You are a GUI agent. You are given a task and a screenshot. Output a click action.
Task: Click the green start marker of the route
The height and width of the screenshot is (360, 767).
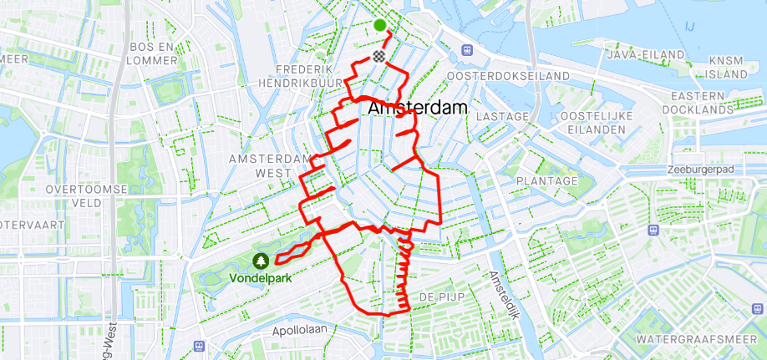380,25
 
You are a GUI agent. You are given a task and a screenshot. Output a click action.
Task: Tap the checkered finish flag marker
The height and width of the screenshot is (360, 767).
380,56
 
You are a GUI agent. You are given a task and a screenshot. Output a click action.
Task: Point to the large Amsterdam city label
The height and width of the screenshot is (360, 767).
418,109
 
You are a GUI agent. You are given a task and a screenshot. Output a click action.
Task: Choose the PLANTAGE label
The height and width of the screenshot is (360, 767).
547,181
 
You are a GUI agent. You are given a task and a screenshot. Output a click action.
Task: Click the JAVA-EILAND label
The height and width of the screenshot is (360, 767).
642,53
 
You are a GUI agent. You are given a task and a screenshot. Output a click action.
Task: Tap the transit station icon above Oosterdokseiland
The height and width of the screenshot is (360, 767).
465,50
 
